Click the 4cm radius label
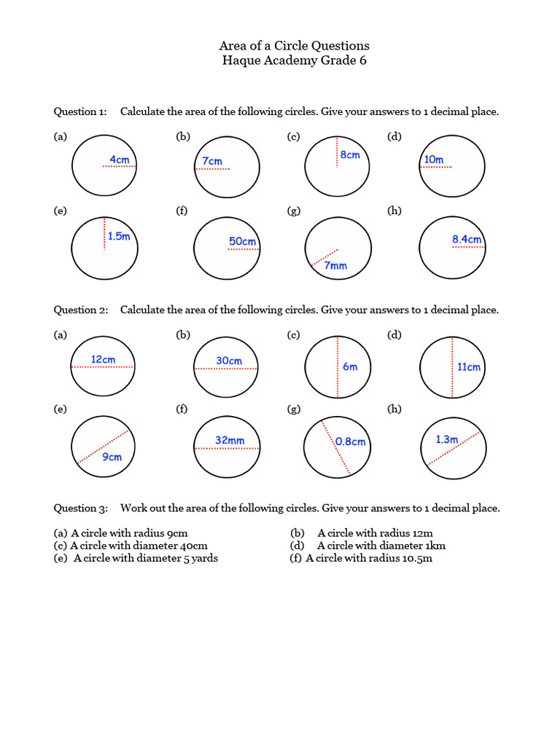point(120,159)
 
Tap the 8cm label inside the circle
point(350,154)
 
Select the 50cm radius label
point(243,241)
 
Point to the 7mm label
point(335,266)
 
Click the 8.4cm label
point(467,239)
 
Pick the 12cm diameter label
point(104,359)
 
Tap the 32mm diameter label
point(230,440)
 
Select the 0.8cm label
point(351,441)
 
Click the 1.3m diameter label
point(446,439)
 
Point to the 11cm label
point(469,367)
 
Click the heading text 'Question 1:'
point(80,111)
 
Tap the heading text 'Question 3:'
point(80,508)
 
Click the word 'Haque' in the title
point(244,60)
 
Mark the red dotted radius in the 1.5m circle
point(104,234)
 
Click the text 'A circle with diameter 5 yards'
point(146,558)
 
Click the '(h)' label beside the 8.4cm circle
point(394,211)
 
